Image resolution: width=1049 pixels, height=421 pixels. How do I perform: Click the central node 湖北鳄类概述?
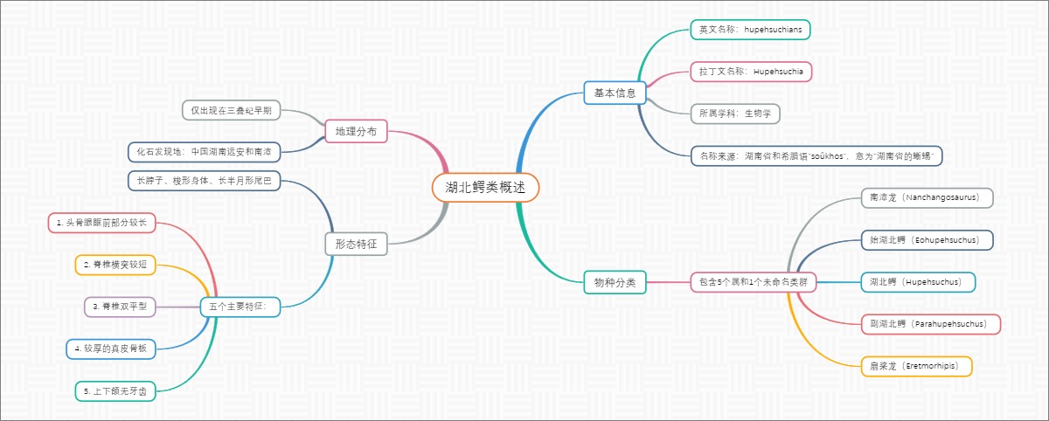(x=485, y=187)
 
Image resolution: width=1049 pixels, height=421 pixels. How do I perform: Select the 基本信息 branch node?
(x=615, y=93)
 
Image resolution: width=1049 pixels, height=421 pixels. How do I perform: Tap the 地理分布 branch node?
(x=356, y=132)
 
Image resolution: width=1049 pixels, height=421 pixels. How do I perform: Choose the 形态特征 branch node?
(x=356, y=244)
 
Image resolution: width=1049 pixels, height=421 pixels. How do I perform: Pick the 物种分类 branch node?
(x=615, y=281)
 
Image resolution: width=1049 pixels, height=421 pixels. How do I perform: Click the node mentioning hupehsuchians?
(x=749, y=30)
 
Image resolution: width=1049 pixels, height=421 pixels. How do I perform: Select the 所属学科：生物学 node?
(x=733, y=114)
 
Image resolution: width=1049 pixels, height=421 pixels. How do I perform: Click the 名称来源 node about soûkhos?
(x=816, y=156)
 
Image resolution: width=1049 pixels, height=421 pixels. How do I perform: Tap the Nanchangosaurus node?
(x=927, y=198)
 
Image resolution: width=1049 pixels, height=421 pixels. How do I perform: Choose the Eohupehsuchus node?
(x=927, y=239)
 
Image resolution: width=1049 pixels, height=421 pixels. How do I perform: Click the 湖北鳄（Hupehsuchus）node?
(x=917, y=282)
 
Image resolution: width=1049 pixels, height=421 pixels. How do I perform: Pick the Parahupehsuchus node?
(x=930, y=324)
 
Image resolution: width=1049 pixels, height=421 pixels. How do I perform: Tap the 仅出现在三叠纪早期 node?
(x=231, y=110)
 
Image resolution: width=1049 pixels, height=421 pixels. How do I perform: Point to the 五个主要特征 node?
(x=240, y=307)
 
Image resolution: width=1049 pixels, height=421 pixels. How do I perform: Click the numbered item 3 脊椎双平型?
(x=120, y=307)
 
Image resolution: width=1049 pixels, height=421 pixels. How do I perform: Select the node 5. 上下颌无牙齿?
(x=115, y=391)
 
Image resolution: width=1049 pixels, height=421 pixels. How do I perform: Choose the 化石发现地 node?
(x=204, y=152)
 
